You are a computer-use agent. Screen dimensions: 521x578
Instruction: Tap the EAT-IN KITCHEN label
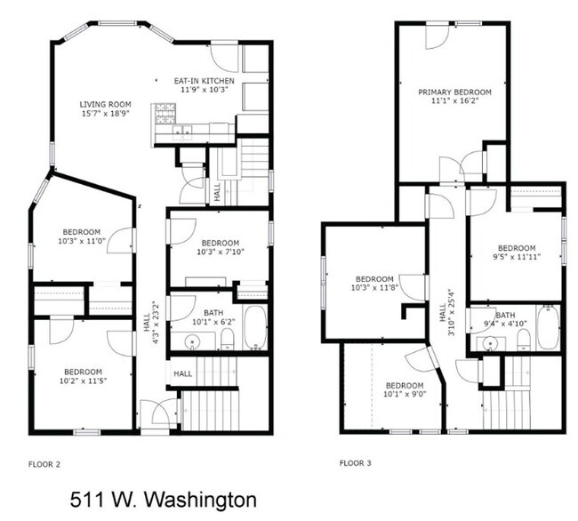point(205,80)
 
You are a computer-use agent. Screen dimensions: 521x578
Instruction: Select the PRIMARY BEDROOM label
point(454,91)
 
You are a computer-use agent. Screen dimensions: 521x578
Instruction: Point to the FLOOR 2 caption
point(44,463)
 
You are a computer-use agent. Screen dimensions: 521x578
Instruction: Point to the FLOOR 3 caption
point(357,463)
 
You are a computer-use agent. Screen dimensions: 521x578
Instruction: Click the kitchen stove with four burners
point(165,115)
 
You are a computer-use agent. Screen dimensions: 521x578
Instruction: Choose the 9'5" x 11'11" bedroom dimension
point(516,258)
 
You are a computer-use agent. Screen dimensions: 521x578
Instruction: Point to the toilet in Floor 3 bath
point(524,338)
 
